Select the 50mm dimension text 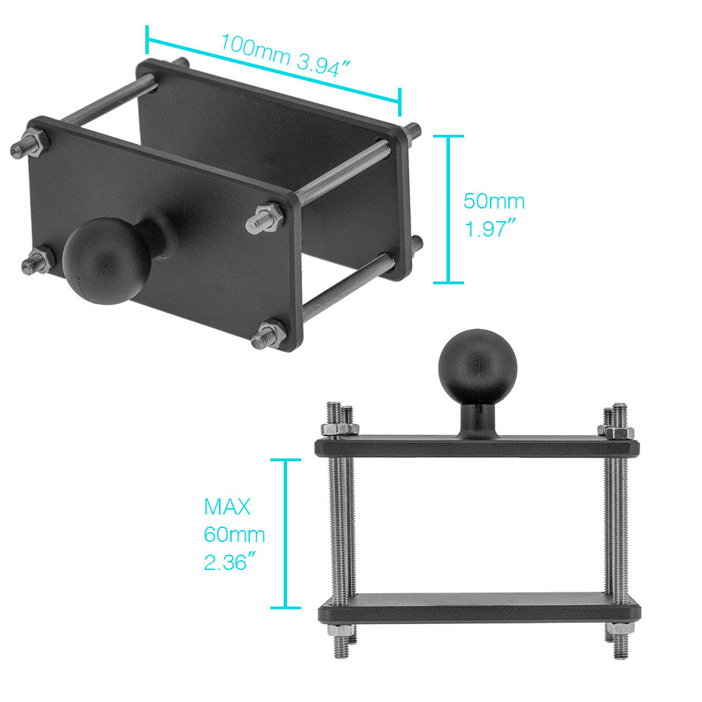point(494,202)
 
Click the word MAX point(227,506)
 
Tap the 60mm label point(234,535)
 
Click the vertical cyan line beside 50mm point(449,209)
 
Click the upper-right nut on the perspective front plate point(266,219)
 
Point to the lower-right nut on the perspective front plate point(270,335)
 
